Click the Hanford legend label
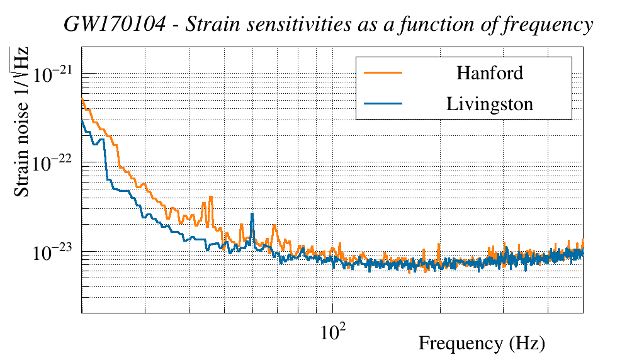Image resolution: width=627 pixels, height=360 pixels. [x=489, y=73]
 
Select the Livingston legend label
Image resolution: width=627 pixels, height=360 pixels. [x=489, y=104]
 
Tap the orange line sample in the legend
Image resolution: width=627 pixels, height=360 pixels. [x=383, y=73]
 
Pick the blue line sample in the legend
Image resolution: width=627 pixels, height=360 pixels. [x=383, y=104]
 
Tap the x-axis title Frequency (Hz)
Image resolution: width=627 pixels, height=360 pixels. [x=481, y=344]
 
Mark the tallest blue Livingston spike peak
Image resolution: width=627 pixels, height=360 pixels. [x=252, y=214]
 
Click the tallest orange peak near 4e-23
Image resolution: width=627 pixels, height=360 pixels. [x=211, y=197]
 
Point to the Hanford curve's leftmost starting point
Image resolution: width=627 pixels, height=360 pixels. [x=82, y=98]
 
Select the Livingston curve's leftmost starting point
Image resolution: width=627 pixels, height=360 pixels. [x=82, y=120]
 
